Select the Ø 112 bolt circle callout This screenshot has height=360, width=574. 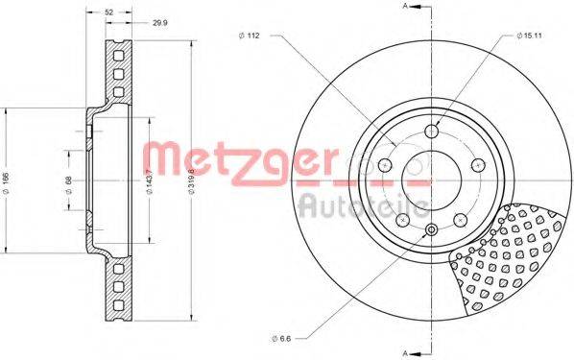click(251, 36)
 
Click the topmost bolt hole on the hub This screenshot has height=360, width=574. click(432, 131)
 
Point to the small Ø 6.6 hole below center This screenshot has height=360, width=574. click(431, 230)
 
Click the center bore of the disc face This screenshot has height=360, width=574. click(432, 180)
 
